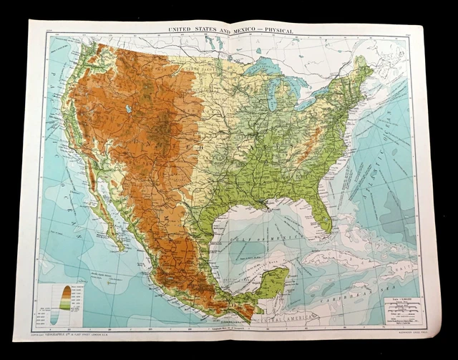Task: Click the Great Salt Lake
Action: [128, 110]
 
